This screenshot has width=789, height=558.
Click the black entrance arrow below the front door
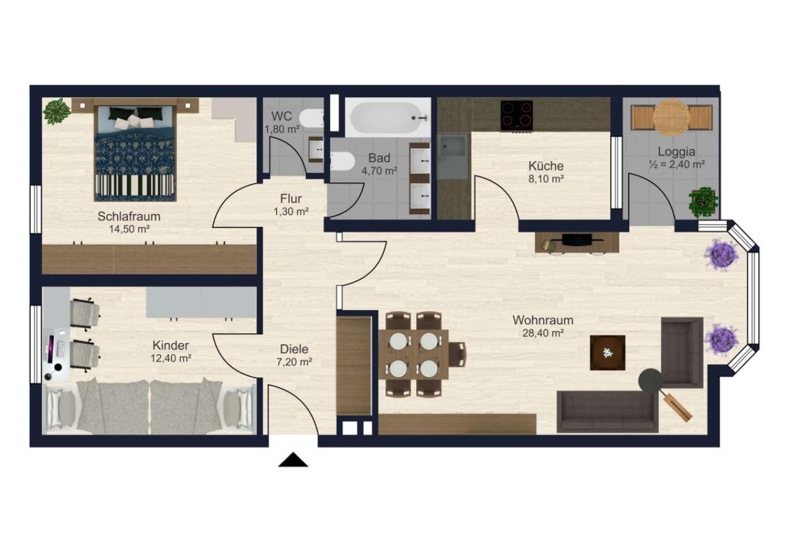293,459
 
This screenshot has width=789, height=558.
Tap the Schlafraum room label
129,216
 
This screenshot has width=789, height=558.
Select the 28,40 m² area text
543,333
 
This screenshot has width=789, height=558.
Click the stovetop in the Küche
517,115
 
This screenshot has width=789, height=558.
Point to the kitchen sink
453,156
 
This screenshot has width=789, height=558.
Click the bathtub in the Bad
388,118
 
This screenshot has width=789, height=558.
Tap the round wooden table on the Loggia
671,117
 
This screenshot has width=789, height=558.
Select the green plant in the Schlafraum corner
56,111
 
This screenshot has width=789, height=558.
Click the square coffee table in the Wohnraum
608,353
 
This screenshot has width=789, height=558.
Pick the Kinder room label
171,345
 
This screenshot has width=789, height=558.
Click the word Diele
294,349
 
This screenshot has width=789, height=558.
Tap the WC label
281,116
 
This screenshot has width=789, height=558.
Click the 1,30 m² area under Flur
291,211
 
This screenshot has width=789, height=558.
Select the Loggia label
677,152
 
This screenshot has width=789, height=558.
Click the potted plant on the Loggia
703,202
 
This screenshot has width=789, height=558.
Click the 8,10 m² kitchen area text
546,179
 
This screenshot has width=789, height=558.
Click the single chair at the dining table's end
457,354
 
